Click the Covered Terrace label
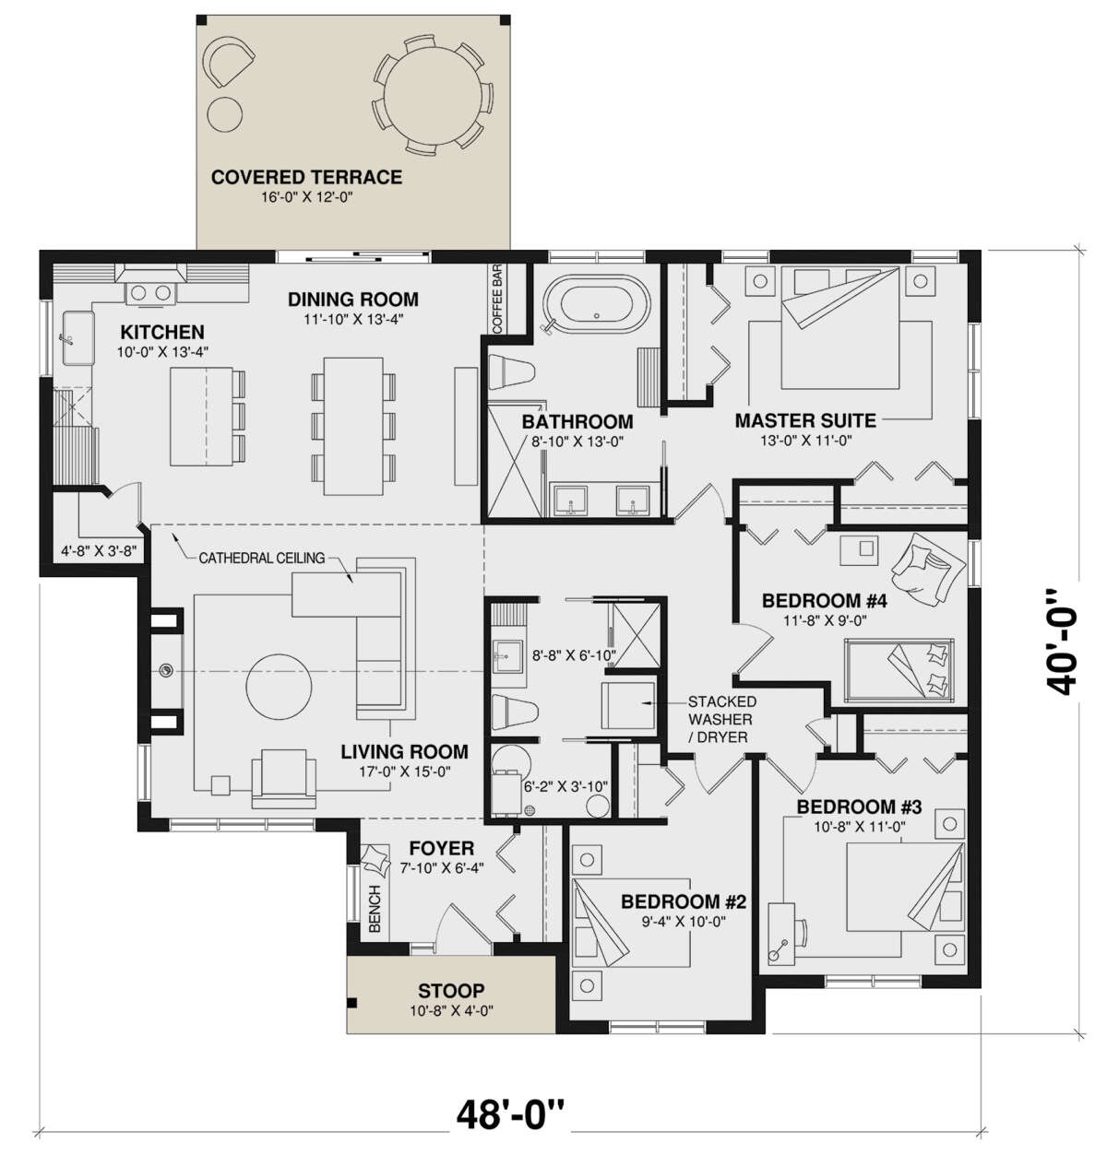[306, 177]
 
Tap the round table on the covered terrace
[434, 95]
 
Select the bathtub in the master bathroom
[598, 304]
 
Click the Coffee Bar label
[497, 299]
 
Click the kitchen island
[201, 417]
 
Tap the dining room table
[353, 426]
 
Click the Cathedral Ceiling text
[262, 558]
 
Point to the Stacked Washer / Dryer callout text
[720, 719]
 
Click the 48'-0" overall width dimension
[510, 1114]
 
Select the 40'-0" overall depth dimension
[1061, 642]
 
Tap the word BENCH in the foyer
[375, 909]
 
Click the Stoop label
[451, 990]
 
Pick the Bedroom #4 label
[824, 601]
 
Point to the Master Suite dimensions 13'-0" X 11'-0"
[806, 441]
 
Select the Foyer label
[442, 848]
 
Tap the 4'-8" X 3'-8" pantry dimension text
[99, 551]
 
